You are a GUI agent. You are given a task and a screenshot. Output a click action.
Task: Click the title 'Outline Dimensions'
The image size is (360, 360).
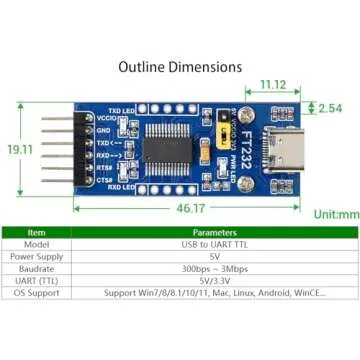point(180,67)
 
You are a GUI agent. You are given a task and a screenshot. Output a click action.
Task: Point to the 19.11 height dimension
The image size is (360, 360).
point(20,148)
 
